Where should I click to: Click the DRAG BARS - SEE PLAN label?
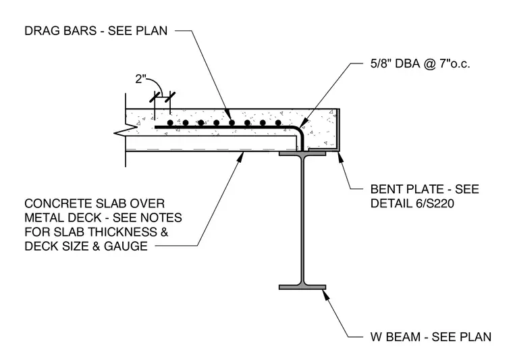[96, 31]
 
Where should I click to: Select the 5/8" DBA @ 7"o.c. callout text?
[420, 63]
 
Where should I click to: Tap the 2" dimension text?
[140, 79]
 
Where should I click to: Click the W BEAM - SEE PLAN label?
[431, 337]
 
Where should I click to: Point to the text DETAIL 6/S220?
[412, 203]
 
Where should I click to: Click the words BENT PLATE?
[406, 189]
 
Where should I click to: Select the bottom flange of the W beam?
[302, 287]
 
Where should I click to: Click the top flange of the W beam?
[302, 153]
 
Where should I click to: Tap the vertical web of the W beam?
[302, 220]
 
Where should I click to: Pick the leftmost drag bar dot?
[170, 123]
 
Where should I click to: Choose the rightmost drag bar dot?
[278, 123]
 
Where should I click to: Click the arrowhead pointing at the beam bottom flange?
[325, 294]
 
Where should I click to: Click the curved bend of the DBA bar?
[299, 130]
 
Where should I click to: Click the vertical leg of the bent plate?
[338, 128]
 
